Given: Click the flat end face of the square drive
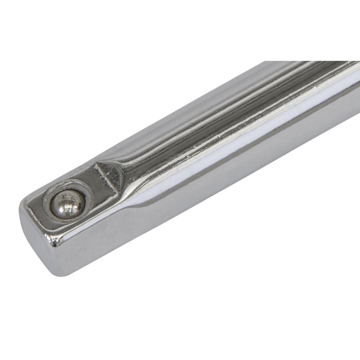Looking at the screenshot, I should [38, 243].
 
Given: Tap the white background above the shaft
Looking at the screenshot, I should [135, 67].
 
